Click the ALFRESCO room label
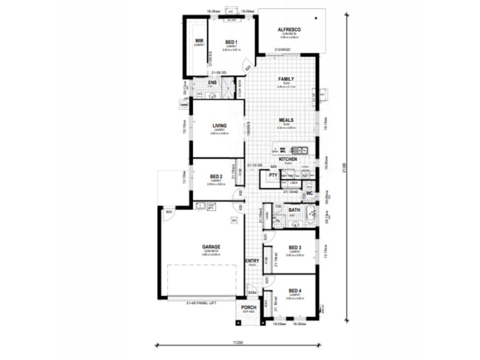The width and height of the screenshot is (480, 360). (289, 29)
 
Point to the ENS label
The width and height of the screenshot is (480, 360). (212, 83)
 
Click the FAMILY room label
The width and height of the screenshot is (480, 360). (286, 79)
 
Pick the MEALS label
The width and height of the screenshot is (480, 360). (286, 120)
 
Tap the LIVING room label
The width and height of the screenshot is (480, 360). (219, 125)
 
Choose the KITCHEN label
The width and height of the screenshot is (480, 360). (288, 159)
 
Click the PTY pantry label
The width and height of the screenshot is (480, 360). (273, 175)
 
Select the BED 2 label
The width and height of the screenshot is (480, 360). (217, 176)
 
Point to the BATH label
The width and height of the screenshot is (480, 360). (295, 210)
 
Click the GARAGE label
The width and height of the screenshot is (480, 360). (211, 247)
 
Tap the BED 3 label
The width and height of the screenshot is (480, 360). (295, 248)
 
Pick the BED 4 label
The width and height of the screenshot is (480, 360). (295, 290)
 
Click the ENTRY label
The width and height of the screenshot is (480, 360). (252, 260)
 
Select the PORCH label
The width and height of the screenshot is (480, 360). (249, 308)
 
